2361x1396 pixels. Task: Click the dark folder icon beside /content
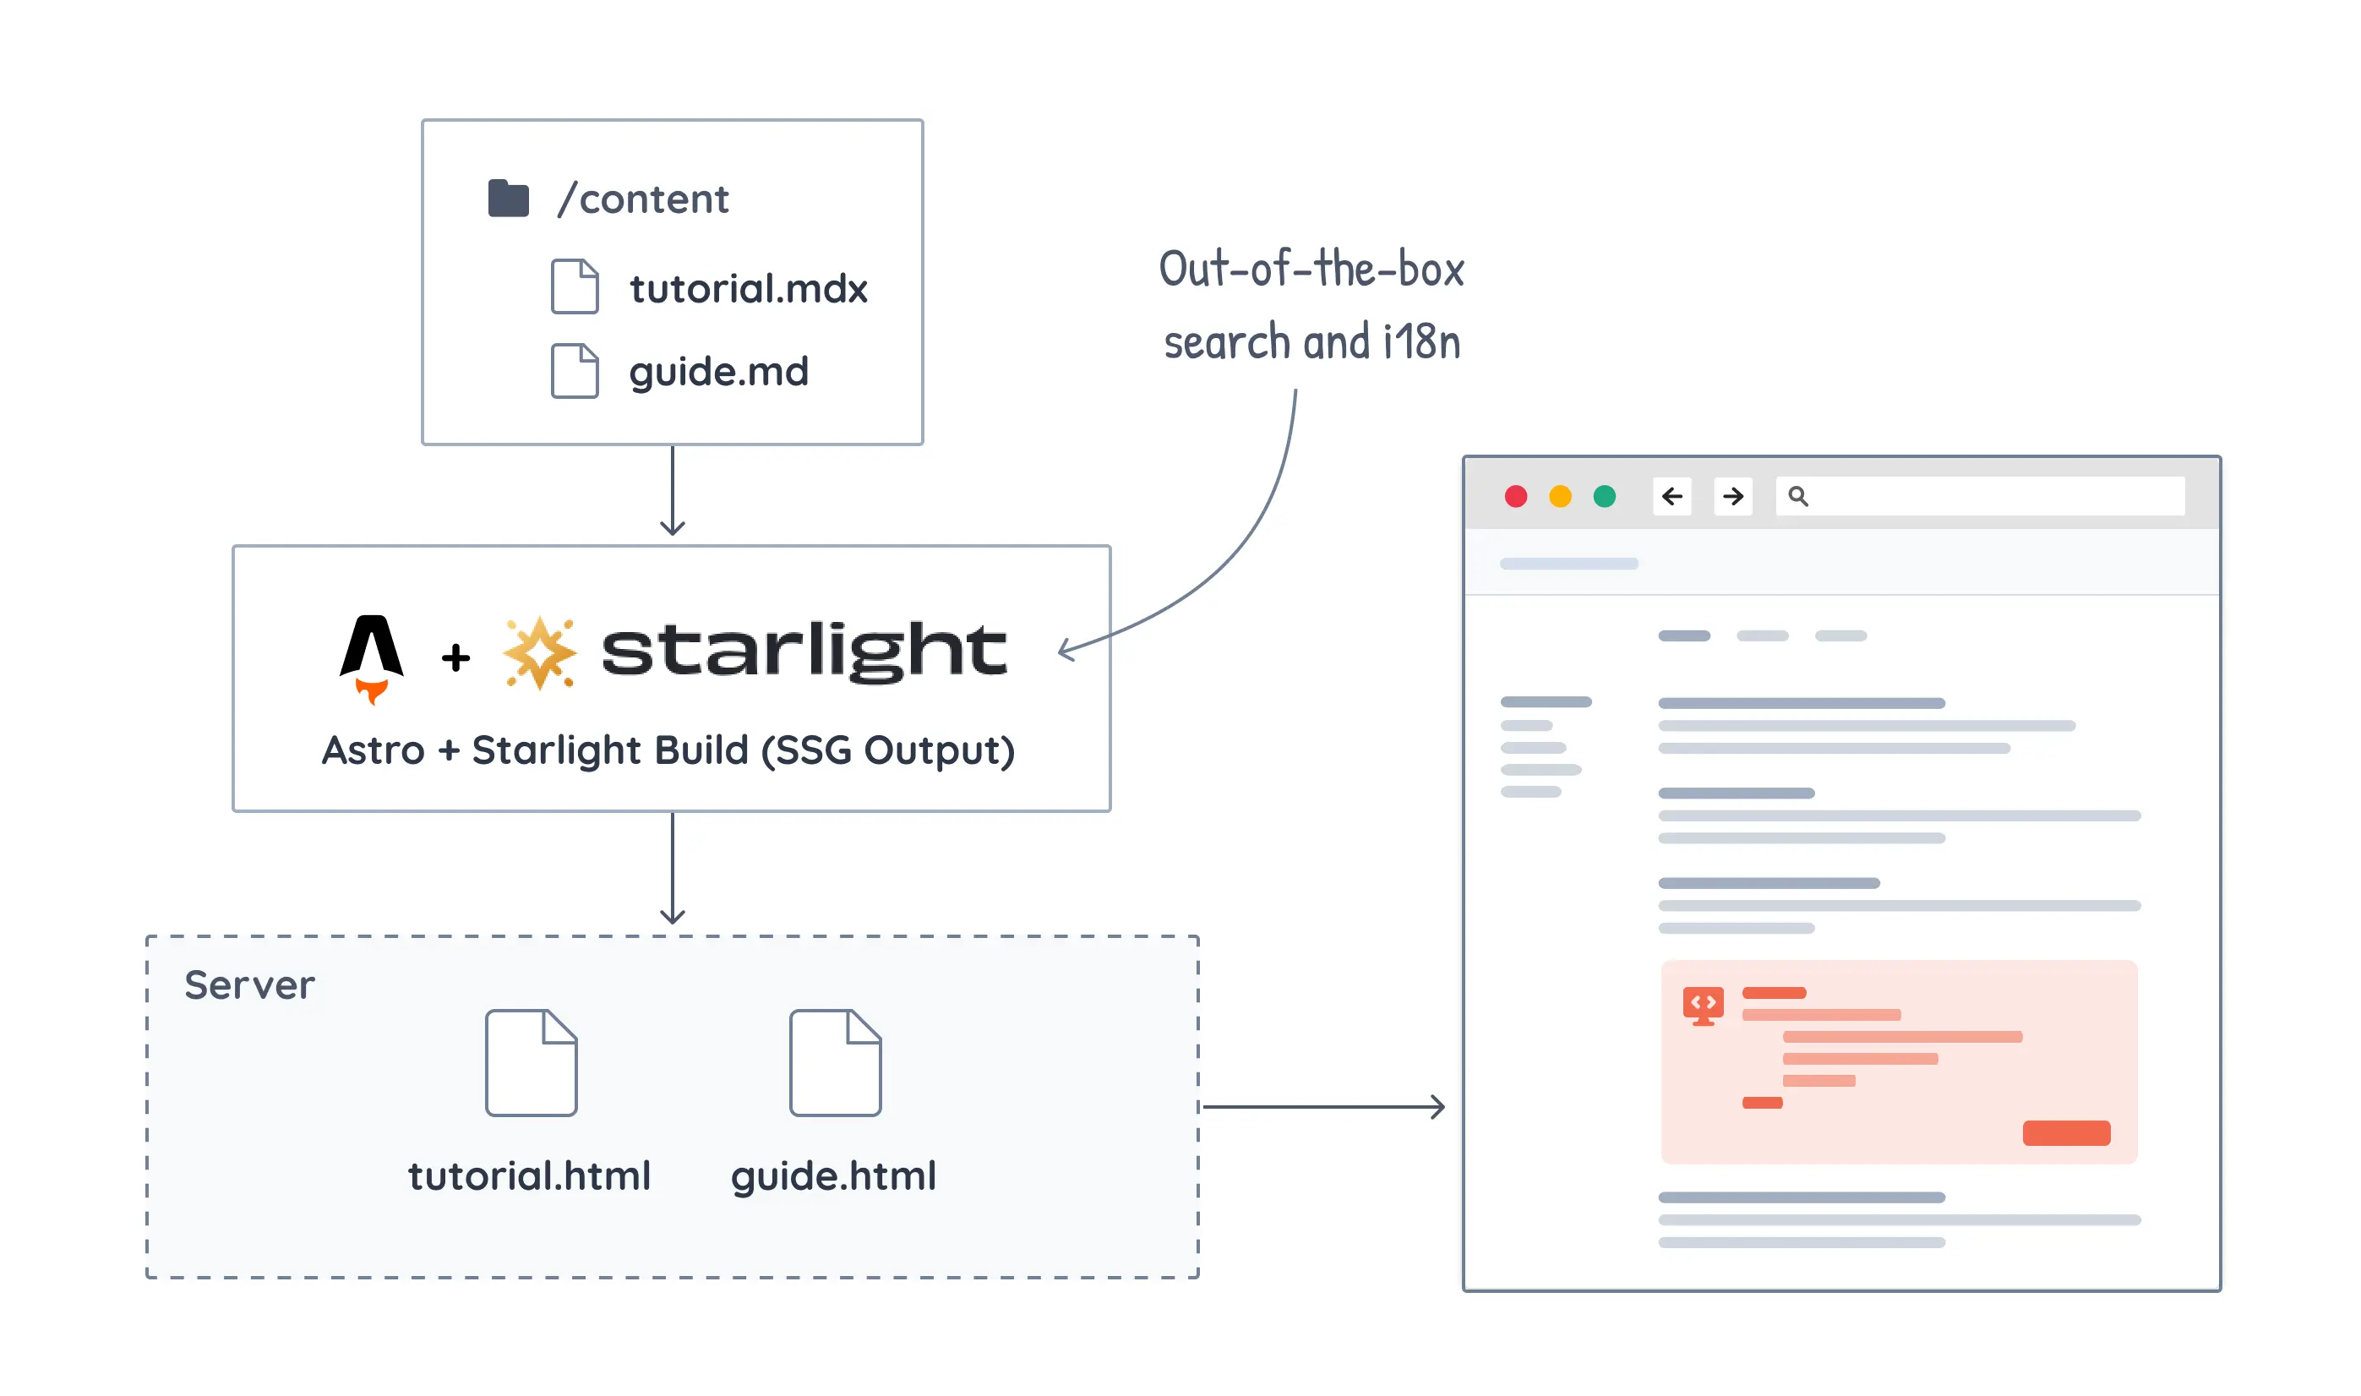pos(508,199)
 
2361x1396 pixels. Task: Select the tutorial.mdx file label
pos(748,289)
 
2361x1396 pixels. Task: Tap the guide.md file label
pos(717,372)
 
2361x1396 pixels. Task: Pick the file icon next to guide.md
pos(574,371)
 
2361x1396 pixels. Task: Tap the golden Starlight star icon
pos(539,653)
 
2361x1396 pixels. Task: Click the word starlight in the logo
pos(804,650)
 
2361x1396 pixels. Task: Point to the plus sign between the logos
pos(455,657)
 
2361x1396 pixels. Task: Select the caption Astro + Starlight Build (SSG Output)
pos(668,750)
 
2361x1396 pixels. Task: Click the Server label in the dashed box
pos(249,985)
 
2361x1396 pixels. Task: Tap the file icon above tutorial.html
pos(531,1062)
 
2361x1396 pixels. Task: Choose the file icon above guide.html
pos(834,1062)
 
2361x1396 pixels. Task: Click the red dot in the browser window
pos(1515,496)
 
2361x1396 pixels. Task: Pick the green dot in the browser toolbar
pos(1604,496)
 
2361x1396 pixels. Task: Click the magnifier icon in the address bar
pos(1797,496)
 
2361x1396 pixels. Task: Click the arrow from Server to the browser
pos(1322,1106)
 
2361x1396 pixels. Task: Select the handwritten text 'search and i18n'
pos(1311,341)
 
